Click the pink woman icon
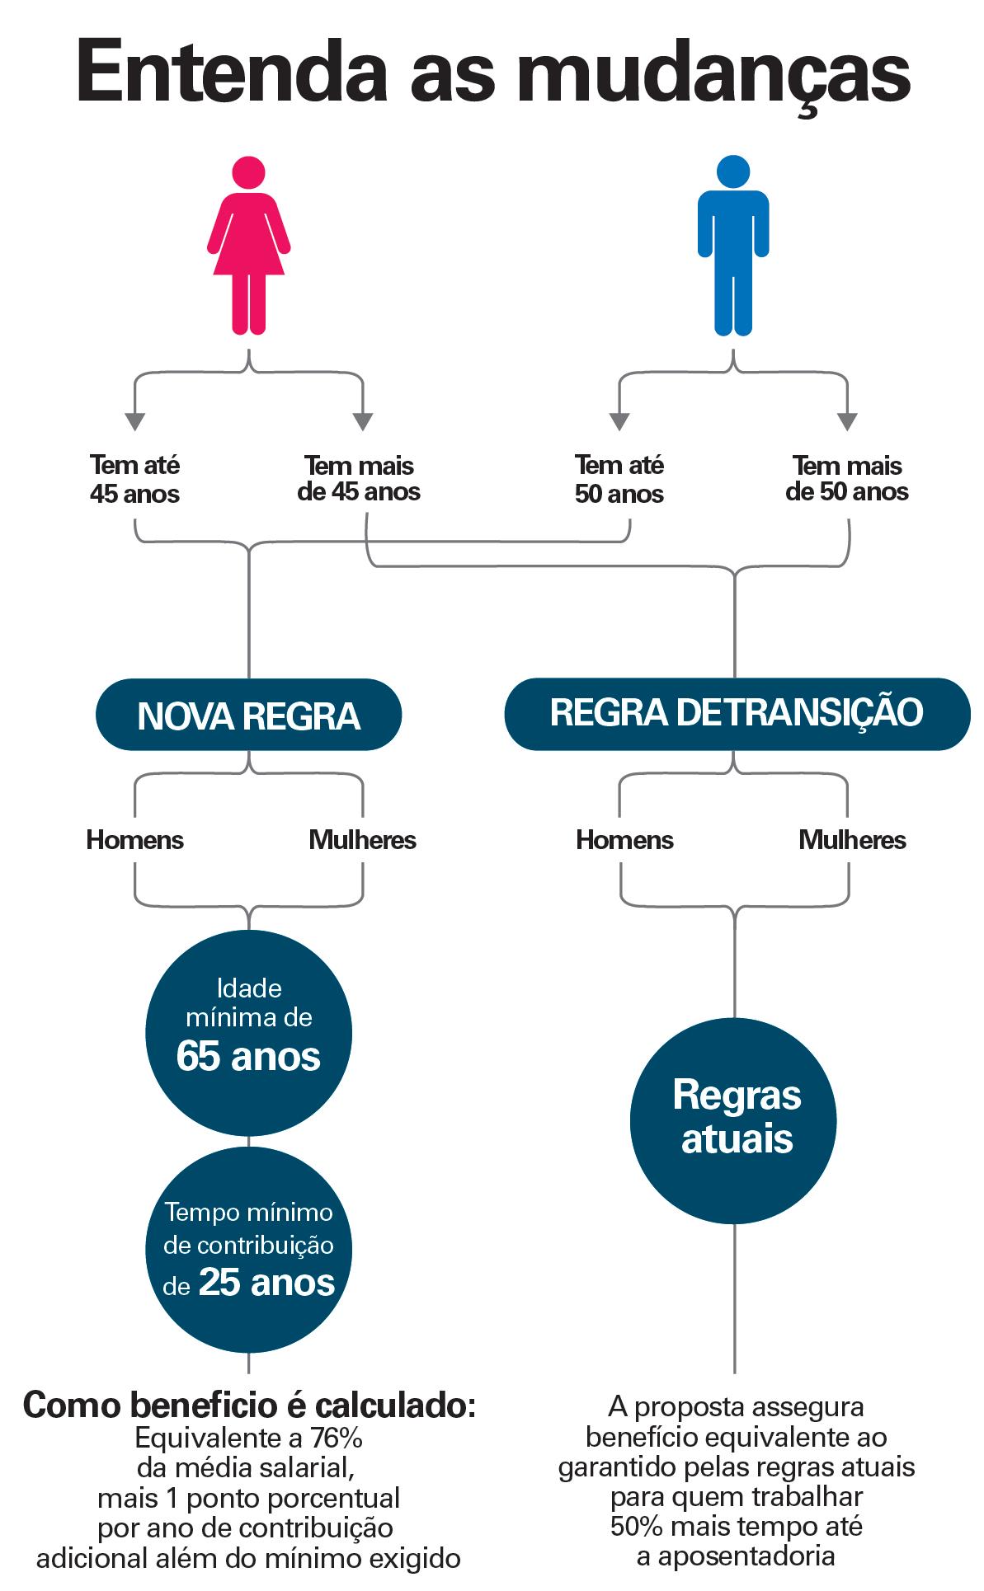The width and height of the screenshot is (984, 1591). point(248,247)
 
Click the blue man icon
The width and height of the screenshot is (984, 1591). point(733,247)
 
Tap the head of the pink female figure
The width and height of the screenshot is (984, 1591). point(248,171)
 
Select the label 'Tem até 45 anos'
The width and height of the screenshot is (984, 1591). point(134,479)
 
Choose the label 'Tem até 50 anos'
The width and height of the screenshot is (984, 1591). point(619,479)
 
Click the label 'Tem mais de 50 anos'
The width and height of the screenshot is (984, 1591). point(847,479)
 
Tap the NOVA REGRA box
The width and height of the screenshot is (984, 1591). point(248,715)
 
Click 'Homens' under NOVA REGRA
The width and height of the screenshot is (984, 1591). point(134,840)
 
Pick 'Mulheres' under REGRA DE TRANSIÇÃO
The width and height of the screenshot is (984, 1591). point(852,840)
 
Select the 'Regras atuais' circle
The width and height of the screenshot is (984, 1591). point(733,1120)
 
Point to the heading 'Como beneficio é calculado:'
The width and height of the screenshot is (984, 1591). point(249,1405)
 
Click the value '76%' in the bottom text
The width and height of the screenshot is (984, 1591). point(336,1438)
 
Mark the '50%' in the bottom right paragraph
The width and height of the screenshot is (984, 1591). point(636,1526)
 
